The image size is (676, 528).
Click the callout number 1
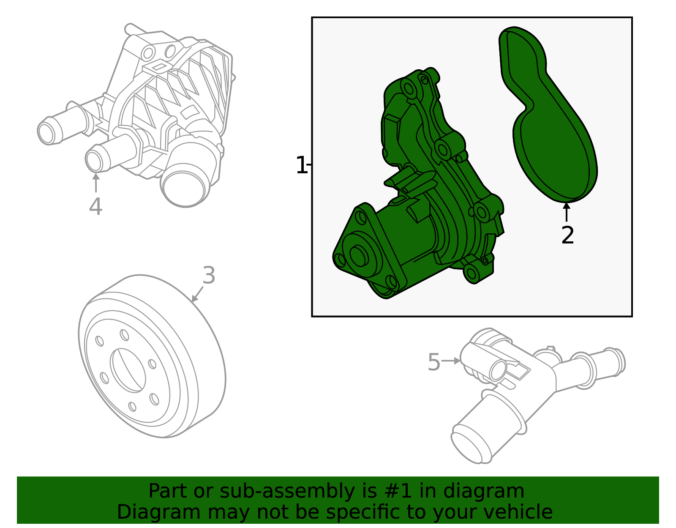300,165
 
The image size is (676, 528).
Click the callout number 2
567,235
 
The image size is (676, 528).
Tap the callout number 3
209,276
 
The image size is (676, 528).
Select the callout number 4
95,207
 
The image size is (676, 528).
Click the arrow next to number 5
451,361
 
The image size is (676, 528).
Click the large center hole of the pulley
128,370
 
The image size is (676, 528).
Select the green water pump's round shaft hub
359,256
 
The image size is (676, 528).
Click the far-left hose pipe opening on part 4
46,133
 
